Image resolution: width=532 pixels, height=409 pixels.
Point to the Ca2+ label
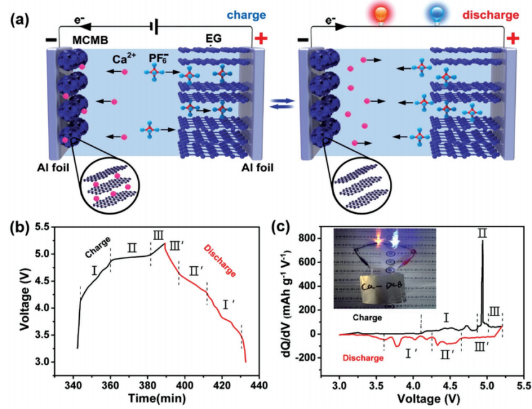(125, 60)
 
